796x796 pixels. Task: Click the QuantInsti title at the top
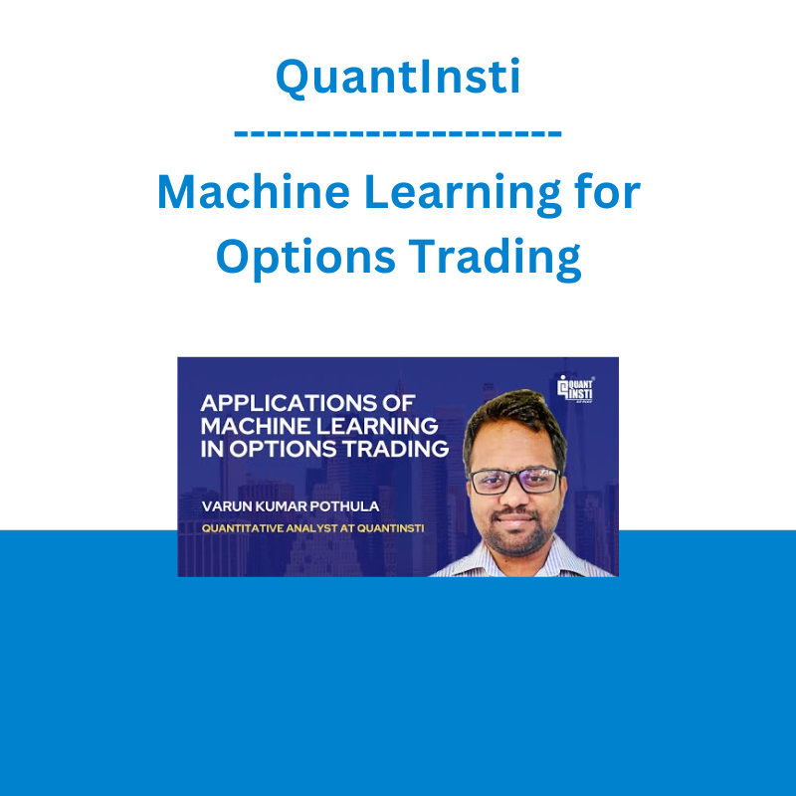point(398,77)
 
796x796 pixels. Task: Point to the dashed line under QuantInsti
point(398,133)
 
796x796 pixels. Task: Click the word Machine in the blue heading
point(254,191)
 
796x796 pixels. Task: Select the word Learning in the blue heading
point(463,195)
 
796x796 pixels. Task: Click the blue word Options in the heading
point(305,259)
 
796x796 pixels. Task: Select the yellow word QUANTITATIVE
point(243,528)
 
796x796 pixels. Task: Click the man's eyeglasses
point(513,481)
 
